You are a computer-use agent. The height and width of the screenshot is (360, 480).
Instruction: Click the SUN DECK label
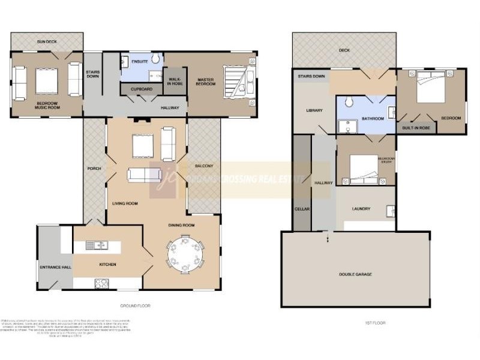coord(47,42)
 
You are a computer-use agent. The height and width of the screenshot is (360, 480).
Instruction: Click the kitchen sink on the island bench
coord(96,245)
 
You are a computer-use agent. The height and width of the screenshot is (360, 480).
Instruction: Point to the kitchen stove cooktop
coord(101,284)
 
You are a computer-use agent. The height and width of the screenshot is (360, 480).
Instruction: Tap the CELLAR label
coord(301,209)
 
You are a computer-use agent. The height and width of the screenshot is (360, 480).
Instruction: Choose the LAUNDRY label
coord(361,209)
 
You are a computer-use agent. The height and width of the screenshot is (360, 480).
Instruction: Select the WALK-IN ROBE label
coord(175,82)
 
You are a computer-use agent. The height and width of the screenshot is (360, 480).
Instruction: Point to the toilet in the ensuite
coord(155,58)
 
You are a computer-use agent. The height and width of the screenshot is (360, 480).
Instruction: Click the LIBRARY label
coord(314,110)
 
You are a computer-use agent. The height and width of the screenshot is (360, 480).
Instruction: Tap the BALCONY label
coord(205,166)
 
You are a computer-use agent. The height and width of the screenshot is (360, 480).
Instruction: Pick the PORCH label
coord(94,168)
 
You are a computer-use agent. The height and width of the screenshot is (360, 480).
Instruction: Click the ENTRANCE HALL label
coord(55,266)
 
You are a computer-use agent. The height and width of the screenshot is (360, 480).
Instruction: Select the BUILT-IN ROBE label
coord(415,128)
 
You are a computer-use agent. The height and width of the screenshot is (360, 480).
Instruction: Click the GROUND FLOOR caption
coord(135,306)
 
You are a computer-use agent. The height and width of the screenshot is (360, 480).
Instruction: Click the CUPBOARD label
coord(142,89)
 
